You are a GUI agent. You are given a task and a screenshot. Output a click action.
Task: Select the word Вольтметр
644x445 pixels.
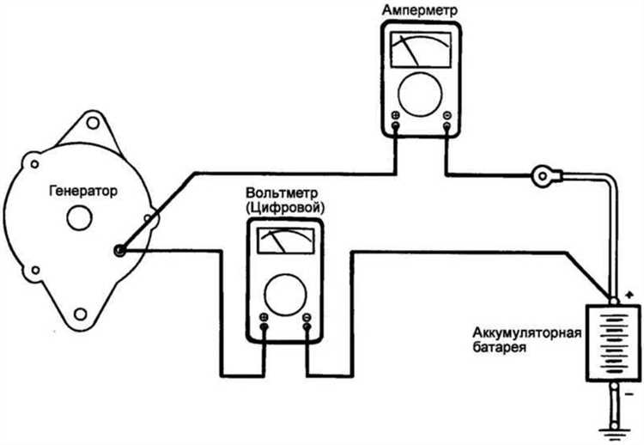pos(284,191)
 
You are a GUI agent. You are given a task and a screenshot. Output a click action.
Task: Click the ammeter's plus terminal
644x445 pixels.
pos(395,116)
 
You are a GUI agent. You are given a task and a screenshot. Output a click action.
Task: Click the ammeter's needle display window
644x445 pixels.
pos(422,51)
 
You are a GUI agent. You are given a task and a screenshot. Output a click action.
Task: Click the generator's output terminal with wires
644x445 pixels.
pos(120,250)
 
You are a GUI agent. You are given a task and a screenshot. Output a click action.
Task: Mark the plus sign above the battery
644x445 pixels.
pos(629,294)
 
